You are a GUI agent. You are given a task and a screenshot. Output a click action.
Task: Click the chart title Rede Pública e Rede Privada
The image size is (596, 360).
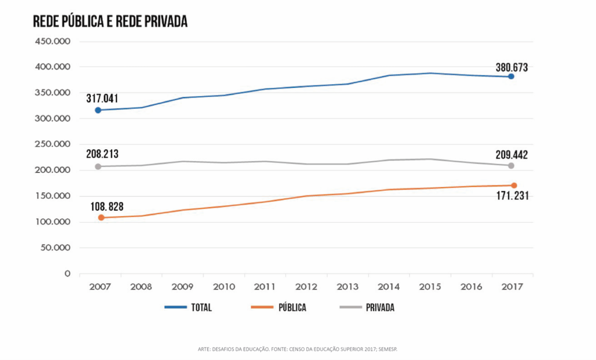(110, 22)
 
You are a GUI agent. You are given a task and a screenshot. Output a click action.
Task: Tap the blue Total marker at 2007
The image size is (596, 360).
(98, 110)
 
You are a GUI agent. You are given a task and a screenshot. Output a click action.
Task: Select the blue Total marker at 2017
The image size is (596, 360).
(511, 77)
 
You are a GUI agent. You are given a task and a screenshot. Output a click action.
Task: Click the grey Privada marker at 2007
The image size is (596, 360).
(98, 166)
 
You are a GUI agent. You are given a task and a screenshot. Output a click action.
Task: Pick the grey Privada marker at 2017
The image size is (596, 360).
(511, 166)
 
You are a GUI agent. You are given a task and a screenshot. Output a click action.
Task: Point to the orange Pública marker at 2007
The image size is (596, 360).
(101, 218)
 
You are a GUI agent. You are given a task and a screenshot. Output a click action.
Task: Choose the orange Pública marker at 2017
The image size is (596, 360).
(514, 186)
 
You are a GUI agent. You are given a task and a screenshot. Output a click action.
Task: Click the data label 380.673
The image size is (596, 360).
(512, 67)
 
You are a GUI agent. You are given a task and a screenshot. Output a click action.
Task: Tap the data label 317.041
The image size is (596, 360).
(102, 98)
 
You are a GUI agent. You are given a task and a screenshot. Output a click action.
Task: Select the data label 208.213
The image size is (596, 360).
(102, 155)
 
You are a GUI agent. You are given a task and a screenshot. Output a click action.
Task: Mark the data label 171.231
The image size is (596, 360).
(512, 196)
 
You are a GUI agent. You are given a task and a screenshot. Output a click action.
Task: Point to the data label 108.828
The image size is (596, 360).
(107, 206)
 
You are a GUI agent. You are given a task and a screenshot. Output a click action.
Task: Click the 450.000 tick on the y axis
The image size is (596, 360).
(53, 41)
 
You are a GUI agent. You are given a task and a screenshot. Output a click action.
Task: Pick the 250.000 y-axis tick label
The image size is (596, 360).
(53, 144)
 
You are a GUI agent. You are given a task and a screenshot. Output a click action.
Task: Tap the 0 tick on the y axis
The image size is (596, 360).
(68, 273)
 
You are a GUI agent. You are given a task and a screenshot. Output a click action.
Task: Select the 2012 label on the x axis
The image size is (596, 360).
(307, 287)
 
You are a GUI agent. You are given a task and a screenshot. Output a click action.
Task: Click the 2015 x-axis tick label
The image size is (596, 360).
(431, 287)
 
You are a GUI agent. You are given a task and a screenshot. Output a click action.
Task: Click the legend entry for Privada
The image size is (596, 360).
(366, 308)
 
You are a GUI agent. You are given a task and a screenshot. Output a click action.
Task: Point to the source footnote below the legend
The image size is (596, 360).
(297, 349)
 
